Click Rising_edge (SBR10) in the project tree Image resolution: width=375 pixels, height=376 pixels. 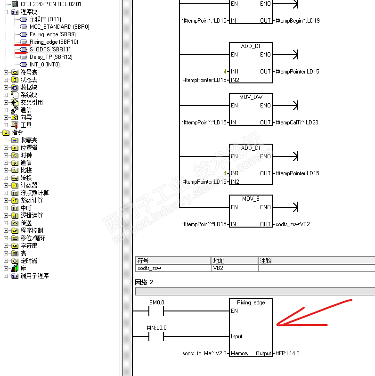click(x=49, y=42)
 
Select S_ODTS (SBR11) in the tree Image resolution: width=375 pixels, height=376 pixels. click(x=49, y=49)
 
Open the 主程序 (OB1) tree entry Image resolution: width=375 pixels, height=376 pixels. click(x=45, y=19)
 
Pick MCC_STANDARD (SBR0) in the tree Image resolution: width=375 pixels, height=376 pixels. click(x=59, y=27)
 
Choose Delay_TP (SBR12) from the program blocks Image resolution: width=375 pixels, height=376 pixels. click(x=51, y=57)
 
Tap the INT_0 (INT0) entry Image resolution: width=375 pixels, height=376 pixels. click(x=44, y=65)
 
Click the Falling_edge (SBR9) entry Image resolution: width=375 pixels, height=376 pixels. click(x=52, y=34)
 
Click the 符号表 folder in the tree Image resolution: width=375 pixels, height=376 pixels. click(x=29, y=72)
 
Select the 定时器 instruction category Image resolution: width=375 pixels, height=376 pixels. click(x=29, y=261)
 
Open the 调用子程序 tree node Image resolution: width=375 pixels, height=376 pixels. click(x=34, y=276)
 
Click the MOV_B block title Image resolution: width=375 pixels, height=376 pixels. click(x=251, y=199)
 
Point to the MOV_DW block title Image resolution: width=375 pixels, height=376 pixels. click(x=251, y=97)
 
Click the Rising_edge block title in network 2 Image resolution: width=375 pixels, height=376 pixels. click(x=251, y=302)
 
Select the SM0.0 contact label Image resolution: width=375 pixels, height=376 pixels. click(x=157, y=302)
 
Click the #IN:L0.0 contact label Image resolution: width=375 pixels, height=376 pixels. click(x=157, y=328)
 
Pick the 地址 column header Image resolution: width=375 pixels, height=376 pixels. click(x=219, y=260)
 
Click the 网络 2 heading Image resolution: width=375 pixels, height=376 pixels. click(x=144, y=282)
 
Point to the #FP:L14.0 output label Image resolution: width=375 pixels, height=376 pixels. click(x=288, y=353)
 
